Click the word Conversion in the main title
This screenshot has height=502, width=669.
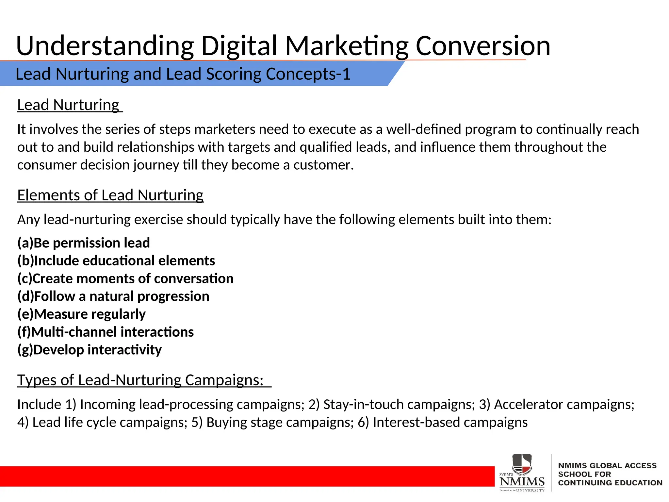pos(483,46)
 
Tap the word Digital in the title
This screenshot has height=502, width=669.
pos(239,46)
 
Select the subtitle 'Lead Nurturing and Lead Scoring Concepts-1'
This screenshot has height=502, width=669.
pos(183,74)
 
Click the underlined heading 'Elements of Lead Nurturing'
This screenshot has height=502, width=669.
pos(110,195)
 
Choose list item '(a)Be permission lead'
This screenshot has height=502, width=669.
pos(84,243)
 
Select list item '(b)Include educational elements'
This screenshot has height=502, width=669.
pos(116,261)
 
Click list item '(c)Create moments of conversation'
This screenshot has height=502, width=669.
pos(125,278)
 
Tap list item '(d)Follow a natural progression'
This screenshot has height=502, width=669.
pos(113,296)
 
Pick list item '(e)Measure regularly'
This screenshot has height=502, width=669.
pos(82,314)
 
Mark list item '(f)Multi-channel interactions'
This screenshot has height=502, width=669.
pos(106,332)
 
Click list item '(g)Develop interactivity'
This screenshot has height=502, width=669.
pos(90,350)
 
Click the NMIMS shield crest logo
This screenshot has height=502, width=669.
pos(522,464)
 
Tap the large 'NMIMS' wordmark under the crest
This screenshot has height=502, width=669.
pos(522,481)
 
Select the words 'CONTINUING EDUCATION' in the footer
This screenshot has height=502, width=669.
pos(610,483)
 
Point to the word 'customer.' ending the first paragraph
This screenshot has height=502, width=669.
pos(323,165)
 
